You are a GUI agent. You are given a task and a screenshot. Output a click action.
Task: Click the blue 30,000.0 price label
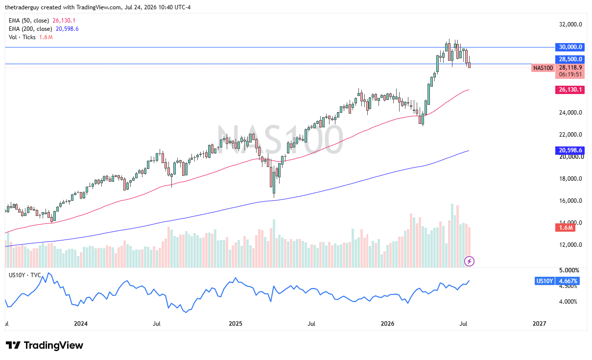point(570,47)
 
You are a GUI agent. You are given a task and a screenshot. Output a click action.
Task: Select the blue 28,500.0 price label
point(570,59)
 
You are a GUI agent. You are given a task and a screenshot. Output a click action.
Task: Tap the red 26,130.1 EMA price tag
point(570,90)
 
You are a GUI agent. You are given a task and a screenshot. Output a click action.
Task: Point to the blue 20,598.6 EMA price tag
point(570,150)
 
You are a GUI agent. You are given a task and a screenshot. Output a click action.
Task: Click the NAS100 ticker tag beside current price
point(543,68)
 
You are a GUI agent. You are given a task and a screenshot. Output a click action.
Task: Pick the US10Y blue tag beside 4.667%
point(544,281)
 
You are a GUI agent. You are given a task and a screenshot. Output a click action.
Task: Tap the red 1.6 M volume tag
point(565,228)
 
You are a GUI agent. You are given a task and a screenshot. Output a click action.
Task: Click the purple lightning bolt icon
point(470,262)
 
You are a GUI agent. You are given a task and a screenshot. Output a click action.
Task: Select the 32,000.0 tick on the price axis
point(570,24)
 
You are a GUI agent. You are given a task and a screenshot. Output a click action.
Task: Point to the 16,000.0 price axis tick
point(570,201)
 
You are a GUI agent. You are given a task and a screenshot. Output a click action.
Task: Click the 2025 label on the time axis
point(235,324)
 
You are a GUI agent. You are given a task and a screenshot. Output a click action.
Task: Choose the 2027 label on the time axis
point(539,324)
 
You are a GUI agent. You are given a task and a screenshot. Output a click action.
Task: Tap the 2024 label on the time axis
point(81,324)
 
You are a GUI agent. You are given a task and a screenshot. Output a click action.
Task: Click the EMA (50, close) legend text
point(29,21)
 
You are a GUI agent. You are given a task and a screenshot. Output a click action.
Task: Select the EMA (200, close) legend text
point(30,29)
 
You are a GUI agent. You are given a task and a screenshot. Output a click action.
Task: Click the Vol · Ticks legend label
point(22,37)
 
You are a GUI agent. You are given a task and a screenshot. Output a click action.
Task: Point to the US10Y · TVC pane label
point(25,275)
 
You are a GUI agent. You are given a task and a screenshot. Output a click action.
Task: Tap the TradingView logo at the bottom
point(45,345)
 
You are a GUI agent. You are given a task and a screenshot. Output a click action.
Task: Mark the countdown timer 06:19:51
point(570,74)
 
